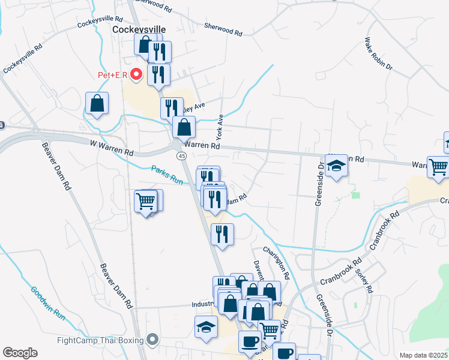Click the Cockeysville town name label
pyautogui.click(x=139, y=29)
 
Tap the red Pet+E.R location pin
pyautogui.click(x=136, y=74)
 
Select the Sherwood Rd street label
pyautogui.click(x=223, y=27)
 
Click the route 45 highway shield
pyautogui.click(x=181, y=156)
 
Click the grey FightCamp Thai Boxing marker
pyautogui.click(x=152, y=340)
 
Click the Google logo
pyautogui.click(x=20, y=353)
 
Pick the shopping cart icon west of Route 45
pyautogui.click(x=146, y=201)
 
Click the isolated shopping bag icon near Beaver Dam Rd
pyautogui.click(x=97, y=103)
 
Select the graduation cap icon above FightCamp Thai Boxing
pyautogui.click(x=206, y=327)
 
